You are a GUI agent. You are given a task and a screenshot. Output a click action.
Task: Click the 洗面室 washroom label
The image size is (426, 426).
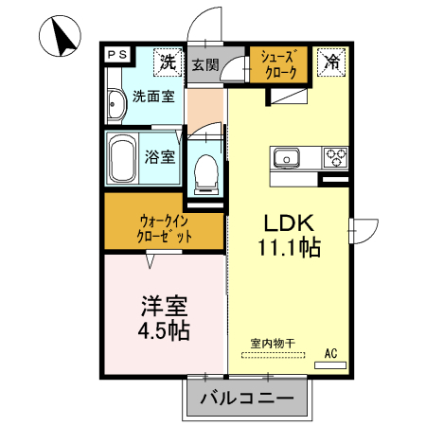(x=151, y=96)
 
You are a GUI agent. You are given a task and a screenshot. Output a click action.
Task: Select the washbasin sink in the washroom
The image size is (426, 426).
(x=115, y=105)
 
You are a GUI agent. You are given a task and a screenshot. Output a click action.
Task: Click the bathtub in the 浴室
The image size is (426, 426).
(x=122, y=158)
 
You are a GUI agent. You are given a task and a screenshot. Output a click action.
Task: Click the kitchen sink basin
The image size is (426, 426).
(x=287, y=156)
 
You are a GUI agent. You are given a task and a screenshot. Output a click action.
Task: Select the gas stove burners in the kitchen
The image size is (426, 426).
(x=335, y=155)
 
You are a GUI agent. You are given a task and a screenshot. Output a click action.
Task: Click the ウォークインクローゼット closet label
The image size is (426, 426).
(x=165, y=229)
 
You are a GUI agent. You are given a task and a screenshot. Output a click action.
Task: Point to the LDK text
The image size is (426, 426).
(x=289, y=224)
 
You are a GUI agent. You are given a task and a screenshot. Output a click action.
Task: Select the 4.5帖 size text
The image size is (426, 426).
(x=165, y=331)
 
